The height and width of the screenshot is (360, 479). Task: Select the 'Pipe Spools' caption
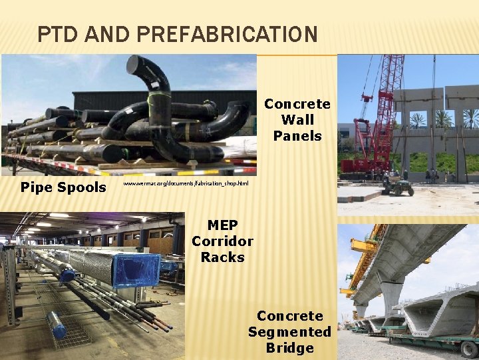(63, 187)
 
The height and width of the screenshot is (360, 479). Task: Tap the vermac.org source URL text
(186, 183)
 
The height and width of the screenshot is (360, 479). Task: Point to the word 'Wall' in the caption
(297, 120)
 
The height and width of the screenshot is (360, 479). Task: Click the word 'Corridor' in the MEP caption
(222, 241)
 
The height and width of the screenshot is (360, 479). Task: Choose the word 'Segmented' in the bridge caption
(289, 332)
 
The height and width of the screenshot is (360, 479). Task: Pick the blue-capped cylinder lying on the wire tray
(57, 325)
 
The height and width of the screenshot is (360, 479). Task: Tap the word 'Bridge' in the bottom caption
(289, 348)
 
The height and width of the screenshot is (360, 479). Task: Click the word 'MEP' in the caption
(222, 225)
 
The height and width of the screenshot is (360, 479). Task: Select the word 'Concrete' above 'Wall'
(297, 104)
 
